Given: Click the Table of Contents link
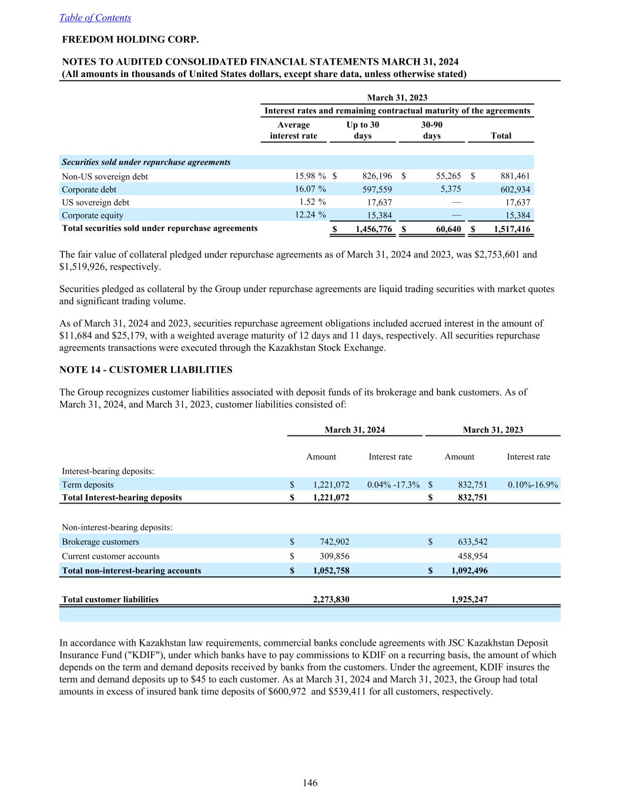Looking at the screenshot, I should pos(95,18).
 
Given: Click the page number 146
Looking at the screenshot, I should pos(310,783).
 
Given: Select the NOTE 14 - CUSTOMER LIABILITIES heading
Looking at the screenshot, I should pos(146,370).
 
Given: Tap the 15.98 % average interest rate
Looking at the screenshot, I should pos(310,176).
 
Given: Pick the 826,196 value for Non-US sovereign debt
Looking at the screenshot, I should pos(376,176).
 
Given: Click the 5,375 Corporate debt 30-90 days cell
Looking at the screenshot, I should pos(451,189).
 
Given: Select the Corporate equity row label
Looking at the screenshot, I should pos(92,215).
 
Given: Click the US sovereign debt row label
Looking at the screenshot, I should pos(95,202).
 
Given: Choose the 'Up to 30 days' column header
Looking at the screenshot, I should pos(363,130).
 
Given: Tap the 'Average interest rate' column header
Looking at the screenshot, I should pos(293,130).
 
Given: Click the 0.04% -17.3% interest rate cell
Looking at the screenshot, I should pos(393,485).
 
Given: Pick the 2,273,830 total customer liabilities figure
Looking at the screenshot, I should pos(331,599).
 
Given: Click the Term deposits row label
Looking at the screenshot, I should pos(88,485).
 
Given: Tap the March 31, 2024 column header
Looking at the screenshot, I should pos(355,429).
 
